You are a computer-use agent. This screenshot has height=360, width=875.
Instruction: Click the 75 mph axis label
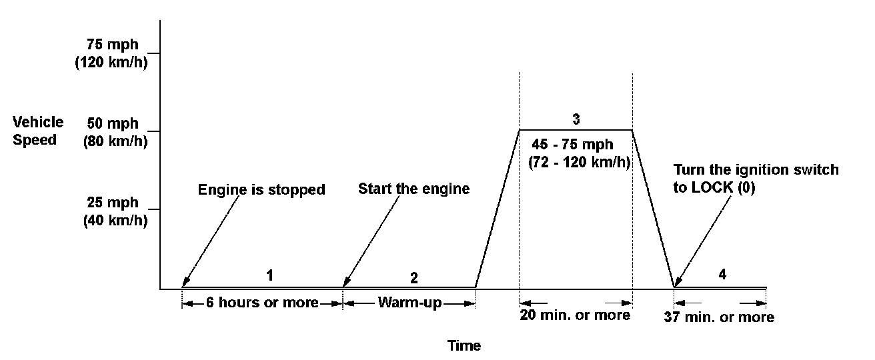(113, 45)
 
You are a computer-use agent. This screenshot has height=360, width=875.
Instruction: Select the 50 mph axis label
(113, 124)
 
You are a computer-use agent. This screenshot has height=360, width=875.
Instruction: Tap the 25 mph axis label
(113, 203)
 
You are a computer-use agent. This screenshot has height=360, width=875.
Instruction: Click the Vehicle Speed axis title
(38, 131)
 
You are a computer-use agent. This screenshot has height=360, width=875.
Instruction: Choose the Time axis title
(464, 345)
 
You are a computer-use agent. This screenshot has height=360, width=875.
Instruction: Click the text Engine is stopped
(261, 190)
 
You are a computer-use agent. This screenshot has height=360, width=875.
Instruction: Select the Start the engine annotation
(413, 189)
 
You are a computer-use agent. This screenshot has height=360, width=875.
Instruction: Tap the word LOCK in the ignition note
(716, 187)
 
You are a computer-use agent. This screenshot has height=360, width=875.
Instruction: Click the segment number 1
(270, 275)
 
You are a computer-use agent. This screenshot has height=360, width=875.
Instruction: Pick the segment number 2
(413, 277)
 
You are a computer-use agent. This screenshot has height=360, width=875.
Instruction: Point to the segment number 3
(576, 120)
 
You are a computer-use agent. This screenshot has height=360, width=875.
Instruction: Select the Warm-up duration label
(409, 303)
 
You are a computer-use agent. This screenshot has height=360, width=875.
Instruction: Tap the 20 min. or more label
(575, 315)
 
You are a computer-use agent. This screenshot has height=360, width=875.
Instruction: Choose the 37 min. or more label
(719, 317)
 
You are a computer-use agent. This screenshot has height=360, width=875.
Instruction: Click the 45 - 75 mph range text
(573, 145)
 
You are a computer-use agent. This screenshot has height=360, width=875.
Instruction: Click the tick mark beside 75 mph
(154, 53)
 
